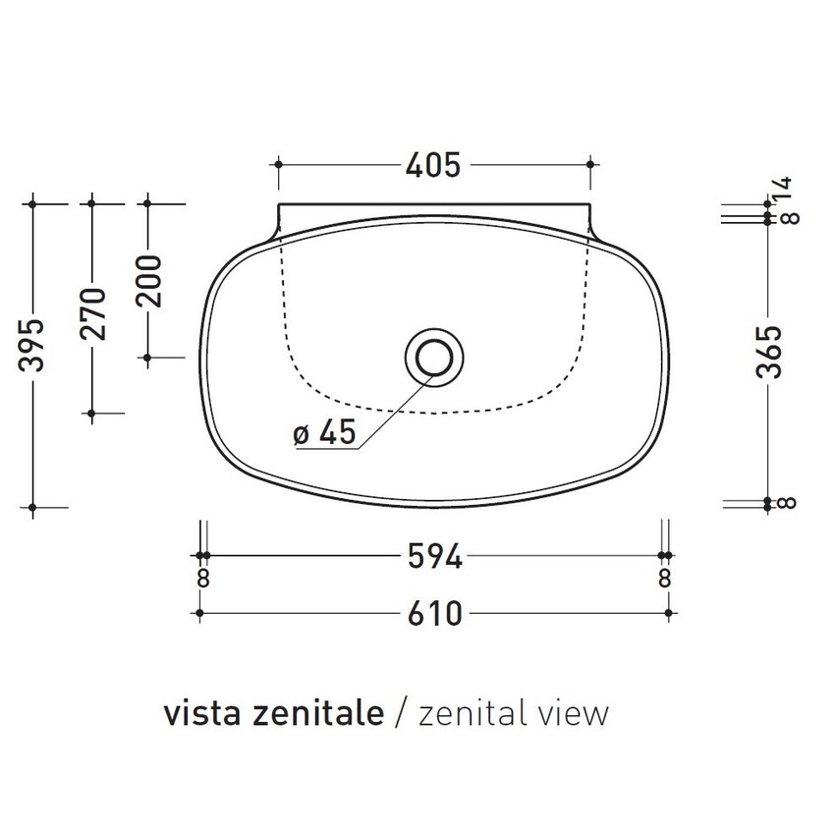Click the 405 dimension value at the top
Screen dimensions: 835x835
[432, 166]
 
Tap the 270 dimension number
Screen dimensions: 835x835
[91, 312]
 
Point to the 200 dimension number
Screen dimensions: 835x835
[148, 280]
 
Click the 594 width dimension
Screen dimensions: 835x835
[434, 557]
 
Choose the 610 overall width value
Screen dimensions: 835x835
[434, 614]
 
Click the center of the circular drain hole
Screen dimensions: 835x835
[432, 355]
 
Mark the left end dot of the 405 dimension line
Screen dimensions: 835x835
[279, 165]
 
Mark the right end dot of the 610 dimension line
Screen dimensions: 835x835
[668, 614]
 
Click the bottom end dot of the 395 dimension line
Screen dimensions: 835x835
[34, 508]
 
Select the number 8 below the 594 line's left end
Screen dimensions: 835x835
[202, 579]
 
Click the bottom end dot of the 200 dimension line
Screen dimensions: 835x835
[148, 358]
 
